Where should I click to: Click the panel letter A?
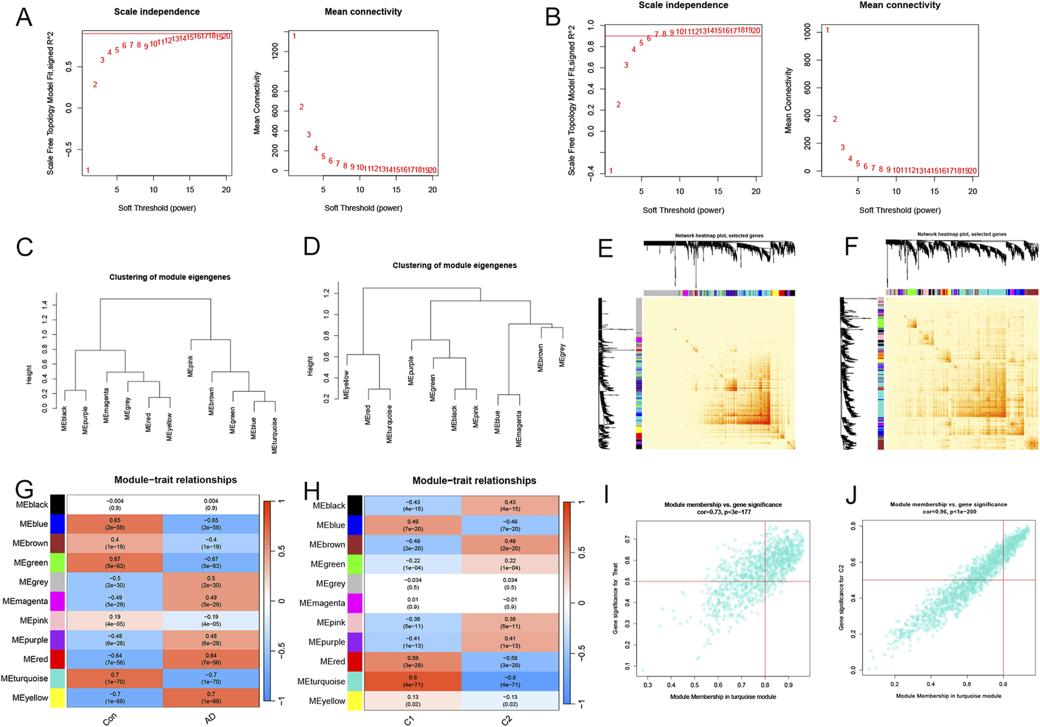[23, 18]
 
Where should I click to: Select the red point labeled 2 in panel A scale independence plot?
[95, 84]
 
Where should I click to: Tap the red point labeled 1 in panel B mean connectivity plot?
[828, 30]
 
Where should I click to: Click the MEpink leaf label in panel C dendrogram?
[190, 365]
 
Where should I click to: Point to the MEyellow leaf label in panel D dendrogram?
[346, 385]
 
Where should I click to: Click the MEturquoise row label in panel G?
[24, 678]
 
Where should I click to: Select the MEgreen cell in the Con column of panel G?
[115, 563]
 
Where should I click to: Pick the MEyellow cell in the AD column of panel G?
[211, 698]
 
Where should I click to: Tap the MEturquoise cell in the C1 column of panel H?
[413, 681]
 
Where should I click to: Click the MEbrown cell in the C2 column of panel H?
[509, 544]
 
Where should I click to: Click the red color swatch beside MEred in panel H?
[355, 661]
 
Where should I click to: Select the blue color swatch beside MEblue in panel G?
[57, 524]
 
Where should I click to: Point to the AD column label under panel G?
[211, 718]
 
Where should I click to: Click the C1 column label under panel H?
[410, 720]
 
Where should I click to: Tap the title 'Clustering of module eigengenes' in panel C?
[170, 277]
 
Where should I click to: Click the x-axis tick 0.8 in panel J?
[1003, 684]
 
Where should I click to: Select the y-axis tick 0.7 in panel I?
[628, 539]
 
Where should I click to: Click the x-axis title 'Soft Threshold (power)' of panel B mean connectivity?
[900, 210]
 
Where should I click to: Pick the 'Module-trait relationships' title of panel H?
[474, 481]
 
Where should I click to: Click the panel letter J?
[851, 495]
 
